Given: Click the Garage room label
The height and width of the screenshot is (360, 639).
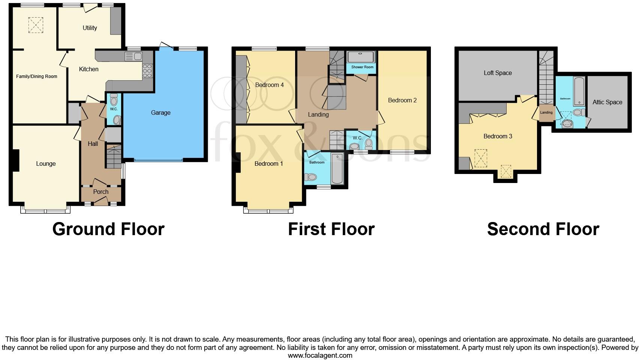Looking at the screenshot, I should coord(160,112).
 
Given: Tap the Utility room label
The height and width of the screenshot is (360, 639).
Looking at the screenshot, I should coord(90,28).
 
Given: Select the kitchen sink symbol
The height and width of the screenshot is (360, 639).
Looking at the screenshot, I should coord(133,57).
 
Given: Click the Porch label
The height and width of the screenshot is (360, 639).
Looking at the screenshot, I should coord(100,192).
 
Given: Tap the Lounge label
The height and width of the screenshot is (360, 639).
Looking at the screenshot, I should coord(46,163).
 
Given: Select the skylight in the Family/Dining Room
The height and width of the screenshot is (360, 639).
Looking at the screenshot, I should coord(36,25).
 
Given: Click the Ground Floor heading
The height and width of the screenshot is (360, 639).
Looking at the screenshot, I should coord(108,229).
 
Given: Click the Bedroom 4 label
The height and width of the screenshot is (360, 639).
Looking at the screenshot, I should coord(269,85).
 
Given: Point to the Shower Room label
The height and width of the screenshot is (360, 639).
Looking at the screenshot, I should coord(362,67).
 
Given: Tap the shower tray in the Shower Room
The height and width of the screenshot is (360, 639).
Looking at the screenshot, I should coord(361,57).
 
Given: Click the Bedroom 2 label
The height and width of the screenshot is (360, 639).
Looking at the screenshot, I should coord(402,100).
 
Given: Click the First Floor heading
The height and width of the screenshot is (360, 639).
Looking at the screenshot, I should coord(331,229).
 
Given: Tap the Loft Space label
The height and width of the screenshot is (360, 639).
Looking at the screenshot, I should coord(497,73).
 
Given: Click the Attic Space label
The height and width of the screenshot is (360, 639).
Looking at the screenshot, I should coord(607,102).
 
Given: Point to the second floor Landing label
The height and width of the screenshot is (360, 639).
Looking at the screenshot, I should coord(546,112).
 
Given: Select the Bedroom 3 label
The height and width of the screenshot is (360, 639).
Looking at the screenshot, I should coord(498,136).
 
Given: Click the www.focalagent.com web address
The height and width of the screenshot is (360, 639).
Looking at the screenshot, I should coord(320,355).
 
